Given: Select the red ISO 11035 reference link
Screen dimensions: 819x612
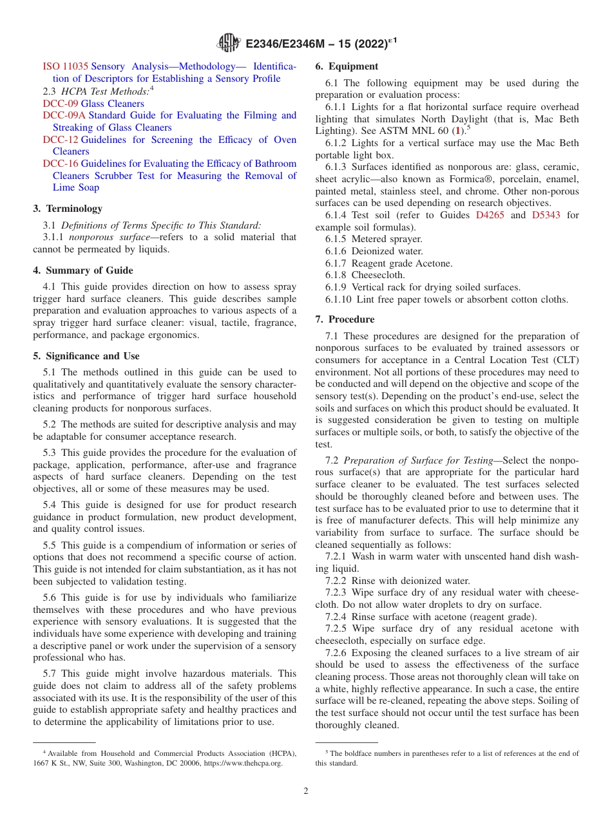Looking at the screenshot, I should tap(65, 66).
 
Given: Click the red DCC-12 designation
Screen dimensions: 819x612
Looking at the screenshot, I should tap(61, 140).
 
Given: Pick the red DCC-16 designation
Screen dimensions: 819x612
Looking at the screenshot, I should tap(61, 164).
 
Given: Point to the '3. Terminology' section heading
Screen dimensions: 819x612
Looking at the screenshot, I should tap(68, 209).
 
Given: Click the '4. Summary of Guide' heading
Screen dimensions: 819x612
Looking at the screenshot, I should tap(83, 270).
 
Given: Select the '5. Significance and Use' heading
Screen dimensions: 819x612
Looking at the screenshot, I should tap(86, 356).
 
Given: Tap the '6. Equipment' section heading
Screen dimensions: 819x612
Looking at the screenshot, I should tap(347, 66).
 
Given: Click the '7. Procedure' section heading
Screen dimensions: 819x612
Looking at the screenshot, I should tap(345, 319).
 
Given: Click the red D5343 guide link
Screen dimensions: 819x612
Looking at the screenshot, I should tap(547, 215).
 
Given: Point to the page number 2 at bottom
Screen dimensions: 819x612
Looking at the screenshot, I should tap(306, 791).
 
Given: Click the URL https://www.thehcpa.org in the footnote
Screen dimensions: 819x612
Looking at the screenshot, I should tap(244, 763).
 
